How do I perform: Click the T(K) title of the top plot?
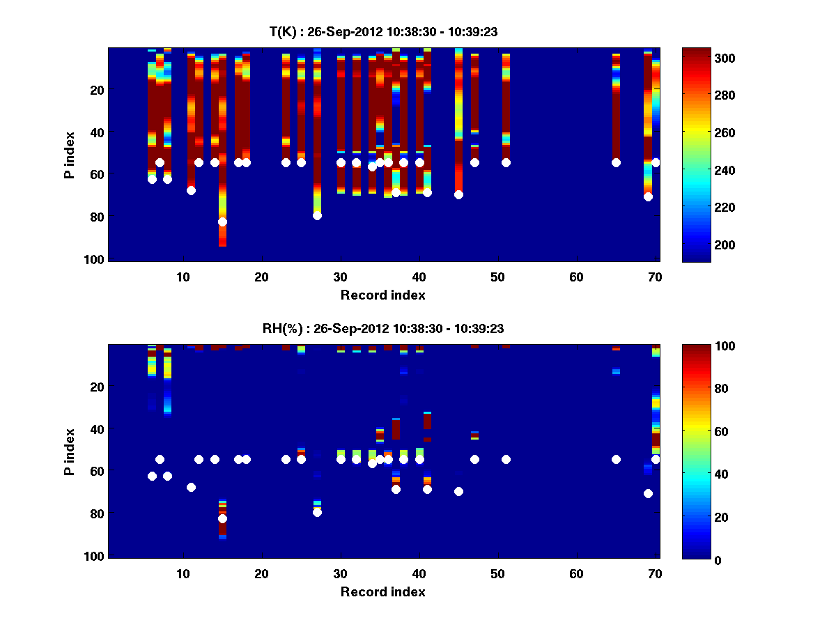(x=382, y=31)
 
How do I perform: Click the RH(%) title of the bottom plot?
(x=382, y=328)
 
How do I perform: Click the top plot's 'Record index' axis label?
(x=382, y=295)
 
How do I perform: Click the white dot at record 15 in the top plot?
(x=222, y=222)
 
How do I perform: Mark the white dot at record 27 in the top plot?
(x=317, y=215)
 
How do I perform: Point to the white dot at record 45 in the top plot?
(x=458, y=194)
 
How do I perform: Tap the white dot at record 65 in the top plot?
(x=616, y=162)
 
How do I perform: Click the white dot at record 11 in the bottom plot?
(x=191, y=487)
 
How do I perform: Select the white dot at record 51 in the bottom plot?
(x=506, y=459)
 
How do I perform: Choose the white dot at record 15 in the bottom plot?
(x=222, y=518)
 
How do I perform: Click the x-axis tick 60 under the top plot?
(x=577, y=277)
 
